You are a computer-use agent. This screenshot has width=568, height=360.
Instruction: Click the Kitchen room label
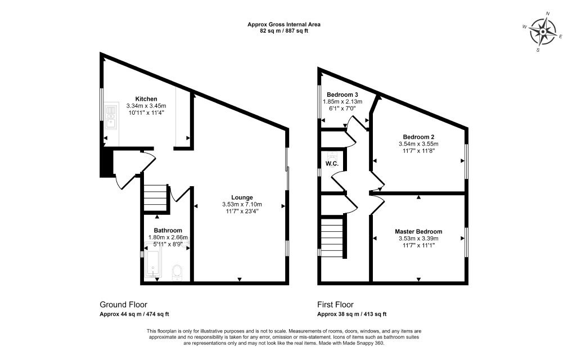coord(146,99)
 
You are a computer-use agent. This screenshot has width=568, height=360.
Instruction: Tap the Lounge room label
coord(242,197)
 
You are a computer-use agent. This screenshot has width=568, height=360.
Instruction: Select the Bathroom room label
coord(168,230)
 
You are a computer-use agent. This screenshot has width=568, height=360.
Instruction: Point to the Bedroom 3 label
coord(342,95)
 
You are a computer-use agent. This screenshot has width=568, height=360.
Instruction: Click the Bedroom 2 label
coord(418,137)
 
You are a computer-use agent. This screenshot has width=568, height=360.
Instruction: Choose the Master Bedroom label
coord(418,231)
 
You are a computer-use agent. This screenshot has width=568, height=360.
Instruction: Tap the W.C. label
coord(332,164)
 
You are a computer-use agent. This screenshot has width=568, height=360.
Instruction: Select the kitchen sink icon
coord(111,116)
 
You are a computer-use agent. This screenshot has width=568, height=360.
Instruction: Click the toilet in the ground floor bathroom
coord(177,272)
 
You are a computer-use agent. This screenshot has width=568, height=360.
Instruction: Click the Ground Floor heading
coord(124,304)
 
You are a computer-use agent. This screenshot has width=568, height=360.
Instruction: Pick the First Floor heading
coord(335,304)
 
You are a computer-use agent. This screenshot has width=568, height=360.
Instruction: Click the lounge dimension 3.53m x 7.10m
coord(242,204)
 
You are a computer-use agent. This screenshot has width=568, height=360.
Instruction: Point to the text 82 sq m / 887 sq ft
coord(284,31)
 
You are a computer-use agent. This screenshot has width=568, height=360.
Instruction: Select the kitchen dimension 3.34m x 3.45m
coord(146,106)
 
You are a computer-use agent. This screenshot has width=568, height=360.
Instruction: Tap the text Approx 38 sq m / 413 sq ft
coord(351,314)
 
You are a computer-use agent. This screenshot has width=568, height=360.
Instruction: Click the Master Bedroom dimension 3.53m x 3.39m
coord(418,238)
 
